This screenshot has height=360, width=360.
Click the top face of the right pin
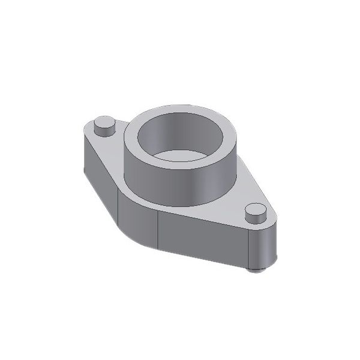(x=256, y=210)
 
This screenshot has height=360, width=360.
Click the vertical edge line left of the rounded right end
(x=249, y=249)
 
